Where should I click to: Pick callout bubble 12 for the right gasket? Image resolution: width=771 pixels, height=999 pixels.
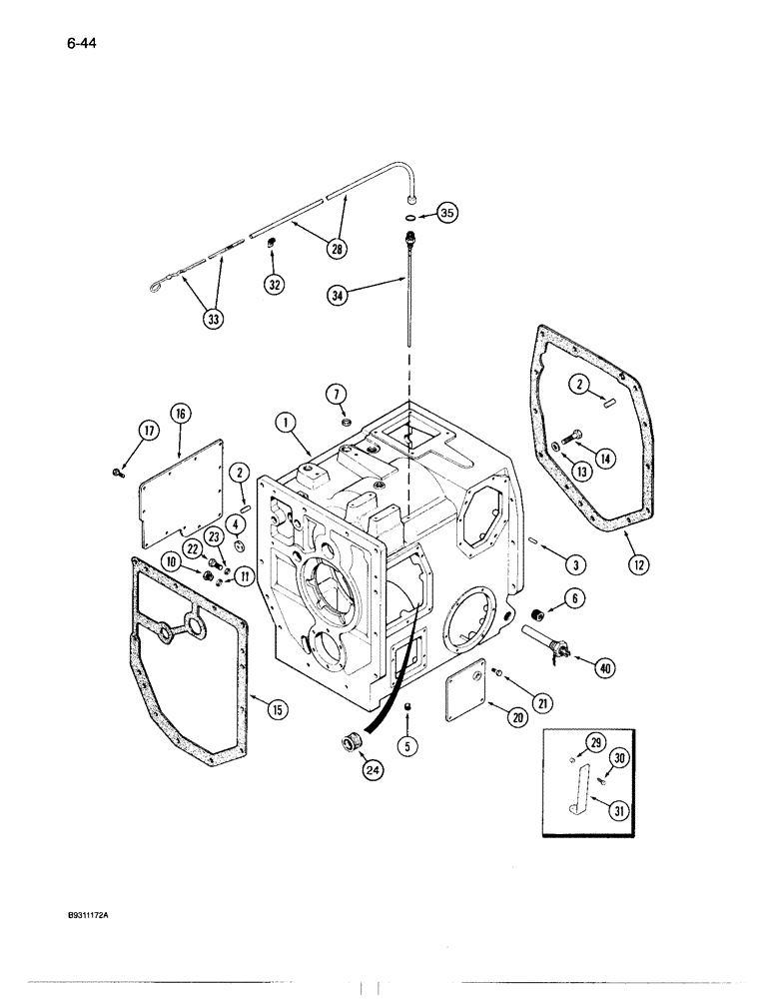[x=639, y=563]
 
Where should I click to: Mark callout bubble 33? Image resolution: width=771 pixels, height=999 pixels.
[x=213, y=319]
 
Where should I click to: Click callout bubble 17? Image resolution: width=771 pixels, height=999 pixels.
[x=147, y=431]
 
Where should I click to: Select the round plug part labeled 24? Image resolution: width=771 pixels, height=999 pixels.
[x=353, y=743]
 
